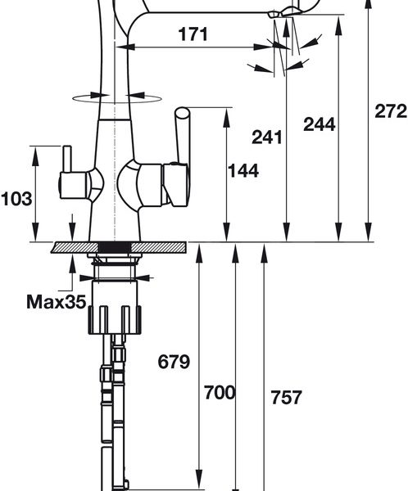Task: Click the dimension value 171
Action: (193, 34)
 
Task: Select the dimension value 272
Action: (391, 110)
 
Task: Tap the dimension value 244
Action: (320, 124)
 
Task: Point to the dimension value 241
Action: (267, 137)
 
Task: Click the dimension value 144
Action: (243, 171)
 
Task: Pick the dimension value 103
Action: (16, 199)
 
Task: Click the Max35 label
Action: (57, 302)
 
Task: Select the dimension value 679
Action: (174, 362)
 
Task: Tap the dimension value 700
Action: (220, 392)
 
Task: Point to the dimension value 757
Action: (286, 397)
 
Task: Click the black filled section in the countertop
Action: (115, 247)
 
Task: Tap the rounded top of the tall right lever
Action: (182, 112)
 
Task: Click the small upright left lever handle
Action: (67, 159)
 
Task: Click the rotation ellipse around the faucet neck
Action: (117, 99)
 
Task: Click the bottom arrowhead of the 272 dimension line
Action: (369, 232)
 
